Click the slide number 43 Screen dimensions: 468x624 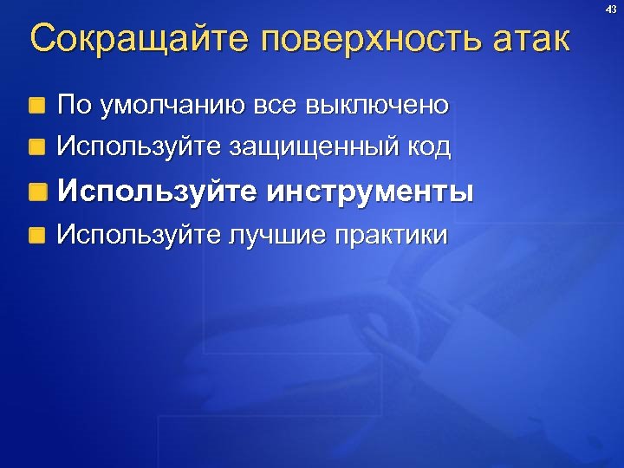tap(610, 9)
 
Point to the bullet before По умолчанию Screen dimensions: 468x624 tap(36, 107)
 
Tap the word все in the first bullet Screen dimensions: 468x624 tap(276, 106)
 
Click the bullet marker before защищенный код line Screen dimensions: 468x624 tap(36, 148)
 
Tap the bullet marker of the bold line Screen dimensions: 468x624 tap(36, 192)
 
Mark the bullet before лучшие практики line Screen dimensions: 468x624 tap(36, 236)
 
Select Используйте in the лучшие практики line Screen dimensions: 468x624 tap(137, 235)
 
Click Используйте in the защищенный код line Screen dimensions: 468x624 tap(137, 147)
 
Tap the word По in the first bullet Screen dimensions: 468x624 tap(72, 106)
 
